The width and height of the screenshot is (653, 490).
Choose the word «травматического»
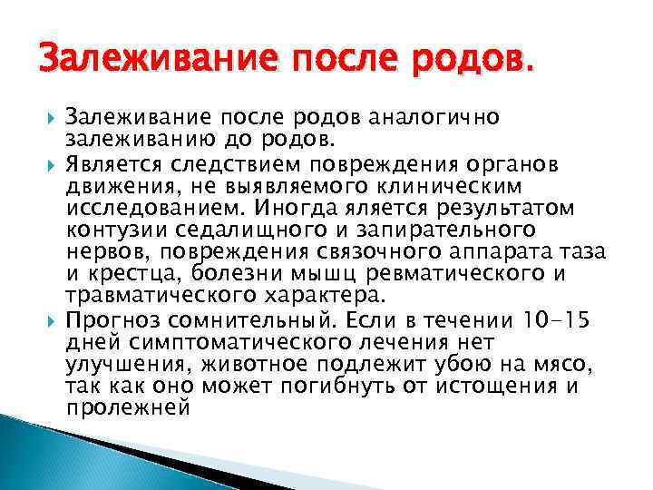click(x=164, y=295)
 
